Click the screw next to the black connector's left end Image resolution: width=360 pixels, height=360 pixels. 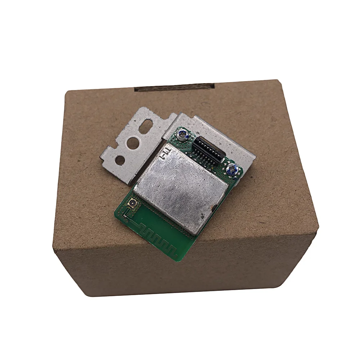coord(182,136)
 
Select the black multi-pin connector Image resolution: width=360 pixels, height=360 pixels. coord(209,148)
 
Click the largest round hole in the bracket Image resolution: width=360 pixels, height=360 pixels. coord(133,143)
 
